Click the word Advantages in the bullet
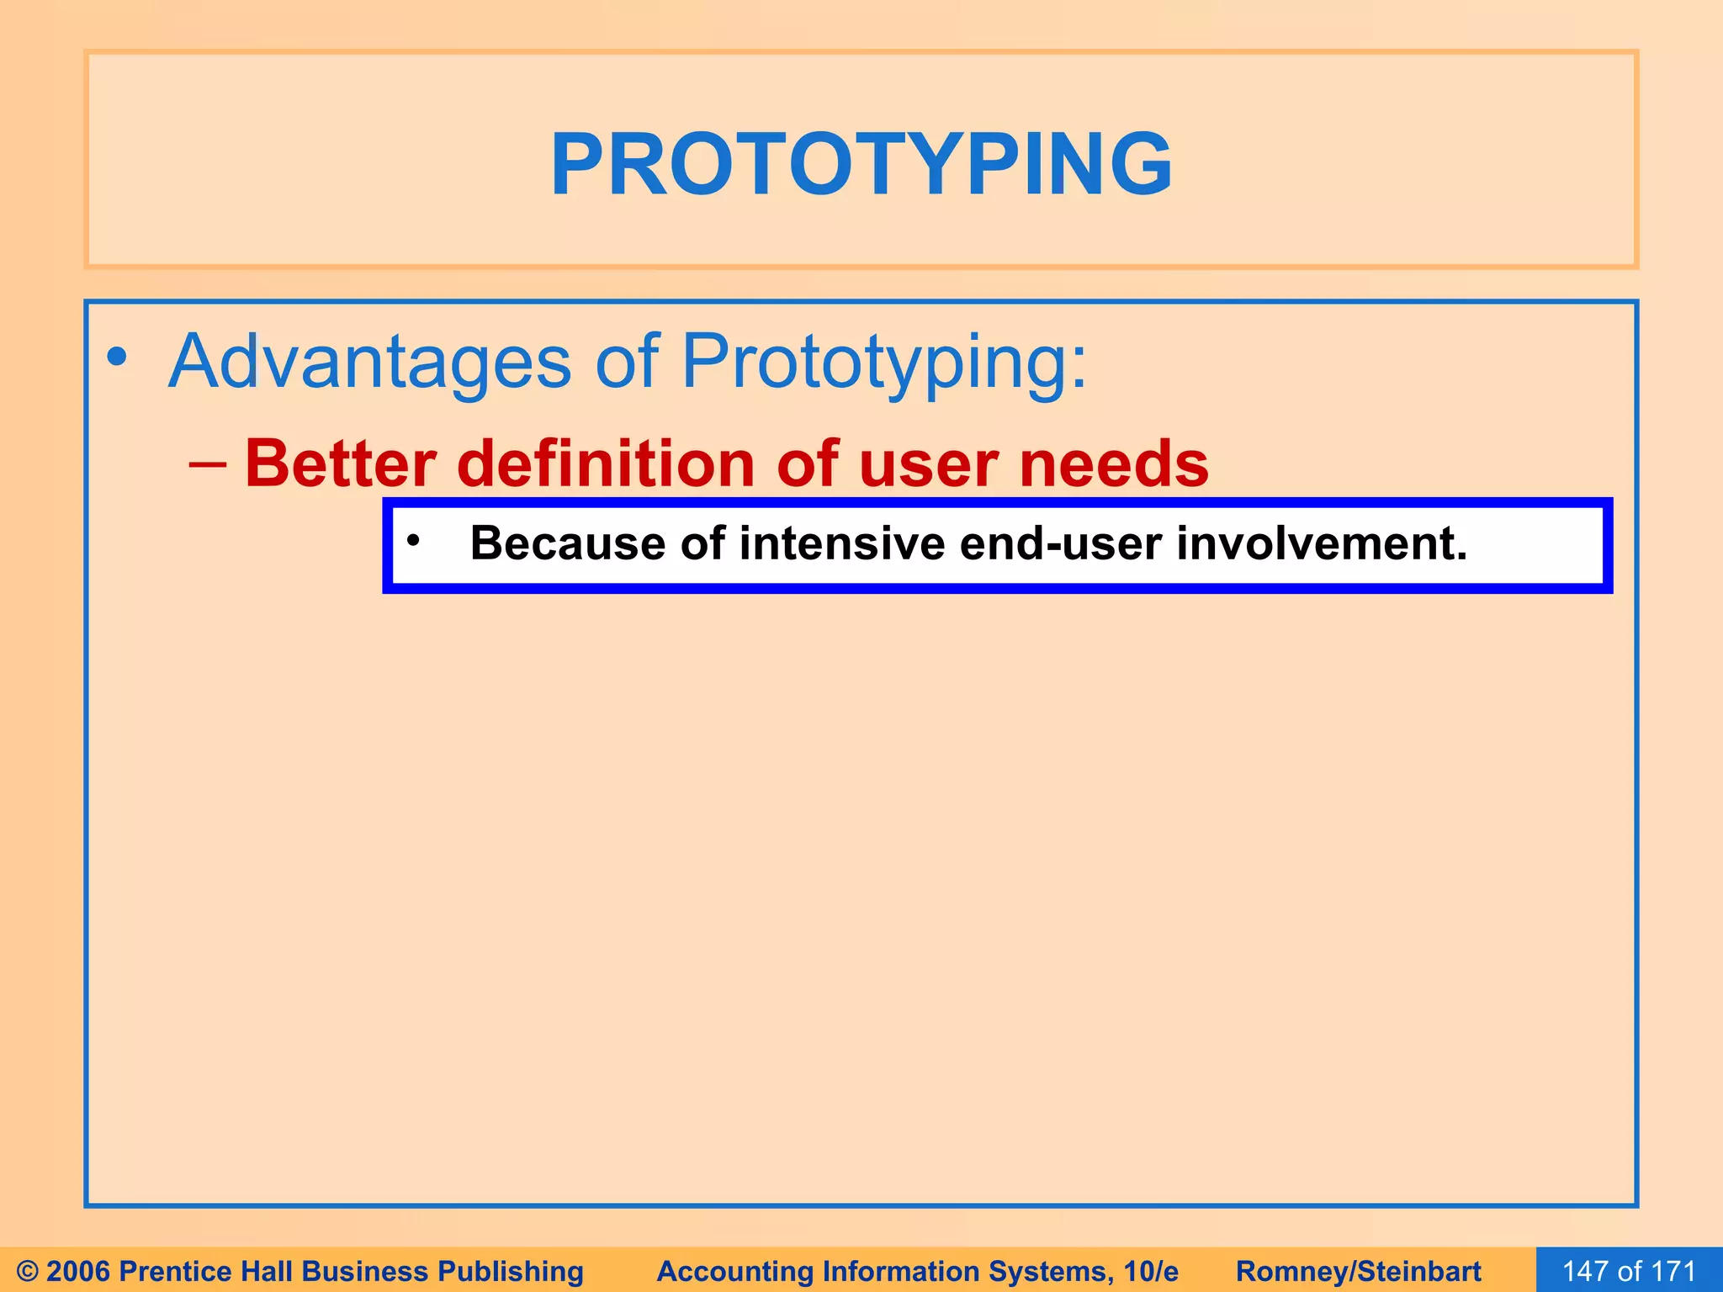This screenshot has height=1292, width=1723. [370, 362]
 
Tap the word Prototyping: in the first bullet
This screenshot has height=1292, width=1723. [883, 362]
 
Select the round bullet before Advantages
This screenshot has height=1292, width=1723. [117, 357]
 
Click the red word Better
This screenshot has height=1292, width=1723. [341, 463]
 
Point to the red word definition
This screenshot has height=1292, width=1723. [606, 463]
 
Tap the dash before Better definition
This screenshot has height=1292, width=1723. [208, 463]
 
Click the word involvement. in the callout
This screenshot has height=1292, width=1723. [1322, 543]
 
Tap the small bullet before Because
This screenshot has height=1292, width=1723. [412, 541]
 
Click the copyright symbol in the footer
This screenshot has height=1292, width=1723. [28, 1271]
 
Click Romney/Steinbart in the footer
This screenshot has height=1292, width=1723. [1358, 1271]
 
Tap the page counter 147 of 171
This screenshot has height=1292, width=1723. [1629, 1271]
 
